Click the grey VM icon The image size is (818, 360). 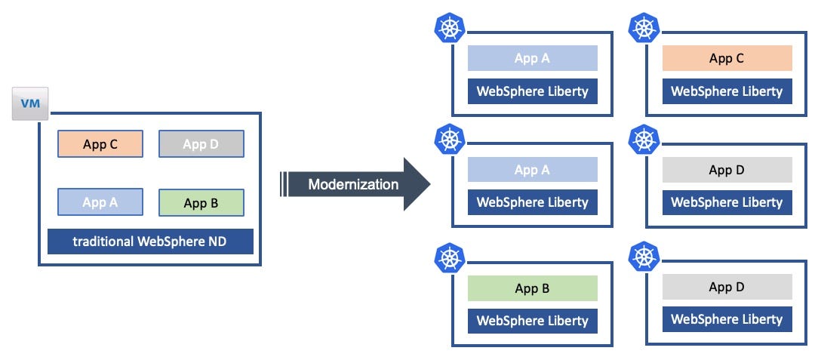[30, 103]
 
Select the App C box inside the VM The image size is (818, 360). [100, 143]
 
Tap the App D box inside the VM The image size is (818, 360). [201, 143]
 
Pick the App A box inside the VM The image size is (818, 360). [100, 202]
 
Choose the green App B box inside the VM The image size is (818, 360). [201, 202]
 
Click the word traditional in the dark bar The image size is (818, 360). [102, 242]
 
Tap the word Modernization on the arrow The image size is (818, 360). [353, 184]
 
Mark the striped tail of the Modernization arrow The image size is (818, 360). [285, 184]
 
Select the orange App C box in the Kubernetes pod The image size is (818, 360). [727, 58]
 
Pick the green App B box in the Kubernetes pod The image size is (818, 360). [532, 288]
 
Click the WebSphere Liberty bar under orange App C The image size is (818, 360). [727, 91]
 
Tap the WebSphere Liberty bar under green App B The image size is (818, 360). [532, 321]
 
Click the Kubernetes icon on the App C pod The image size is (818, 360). [644, 28]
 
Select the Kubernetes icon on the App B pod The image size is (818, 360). [450, 258]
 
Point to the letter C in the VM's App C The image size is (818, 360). [113, 143]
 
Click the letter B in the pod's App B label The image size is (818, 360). [546, 288]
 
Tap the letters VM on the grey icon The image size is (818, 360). [30, 102]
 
